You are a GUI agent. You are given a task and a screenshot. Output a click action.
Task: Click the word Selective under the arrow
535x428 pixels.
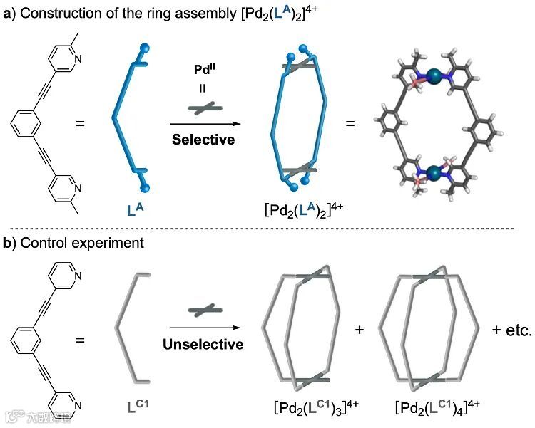click(203, 140)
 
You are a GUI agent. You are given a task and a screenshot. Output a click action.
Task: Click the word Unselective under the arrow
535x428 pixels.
click(204, 345)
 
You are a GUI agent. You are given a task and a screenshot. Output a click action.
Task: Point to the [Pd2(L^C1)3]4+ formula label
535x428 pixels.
click(316, 407)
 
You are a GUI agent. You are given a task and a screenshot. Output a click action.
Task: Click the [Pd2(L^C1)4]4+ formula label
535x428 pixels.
click(437, 407)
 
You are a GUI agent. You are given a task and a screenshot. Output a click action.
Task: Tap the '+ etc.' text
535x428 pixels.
click(511, 330)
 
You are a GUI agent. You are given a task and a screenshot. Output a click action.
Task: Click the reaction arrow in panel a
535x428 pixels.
click(204, 123)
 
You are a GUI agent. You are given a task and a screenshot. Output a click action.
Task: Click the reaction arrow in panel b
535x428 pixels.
click(204, 328)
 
